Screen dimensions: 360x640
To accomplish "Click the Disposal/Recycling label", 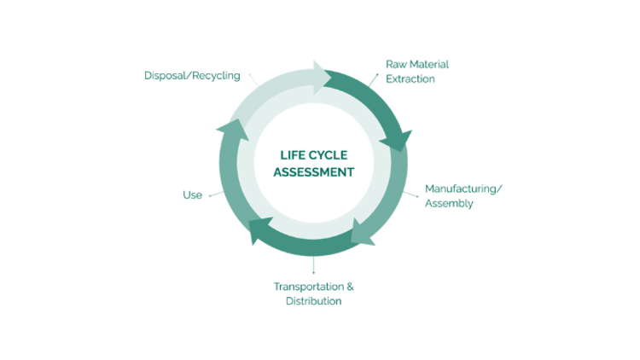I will [192, 75].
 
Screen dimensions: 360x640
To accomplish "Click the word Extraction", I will [410, 79].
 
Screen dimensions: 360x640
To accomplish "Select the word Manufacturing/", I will [464, 188].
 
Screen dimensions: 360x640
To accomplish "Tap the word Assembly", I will [449, 203].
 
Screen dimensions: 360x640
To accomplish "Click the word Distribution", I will [314, 301].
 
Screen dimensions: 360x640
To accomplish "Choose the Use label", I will [192, 195].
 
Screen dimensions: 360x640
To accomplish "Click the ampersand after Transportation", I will [350, 286].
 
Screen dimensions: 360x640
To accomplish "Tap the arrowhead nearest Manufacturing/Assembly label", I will [398, 139].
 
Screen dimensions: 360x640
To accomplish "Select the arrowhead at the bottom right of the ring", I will [363, 230].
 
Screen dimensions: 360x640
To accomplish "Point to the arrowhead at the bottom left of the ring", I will [258, 229].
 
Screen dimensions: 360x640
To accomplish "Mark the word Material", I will [430, 64].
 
